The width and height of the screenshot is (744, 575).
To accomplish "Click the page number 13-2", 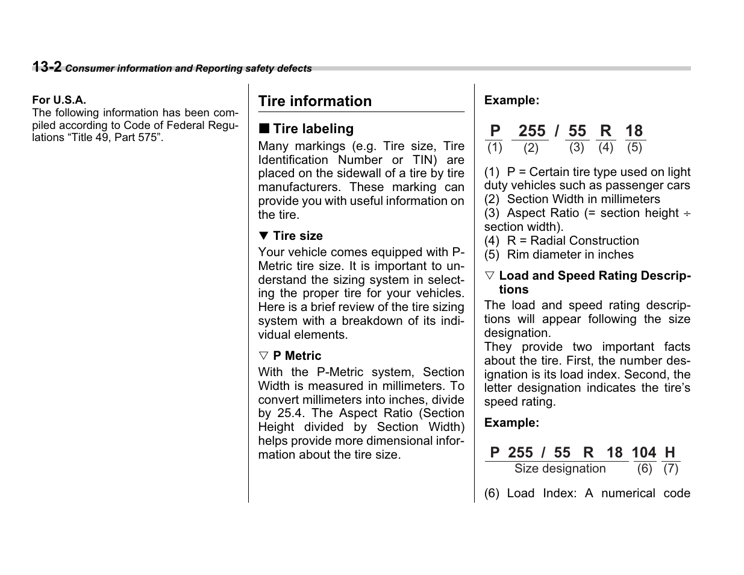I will [46, 67].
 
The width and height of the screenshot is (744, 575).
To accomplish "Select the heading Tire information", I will [314, 101].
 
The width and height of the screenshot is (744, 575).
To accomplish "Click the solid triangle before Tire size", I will [263, 236].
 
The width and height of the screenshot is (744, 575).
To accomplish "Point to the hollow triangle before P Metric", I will [263, 356].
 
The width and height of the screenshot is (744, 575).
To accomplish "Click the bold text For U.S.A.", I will [59, 100].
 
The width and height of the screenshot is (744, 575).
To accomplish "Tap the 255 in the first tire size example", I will [531, 131].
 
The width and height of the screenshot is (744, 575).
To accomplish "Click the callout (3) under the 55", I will [577, 147].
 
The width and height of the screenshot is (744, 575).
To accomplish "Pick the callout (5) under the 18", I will [634, 147].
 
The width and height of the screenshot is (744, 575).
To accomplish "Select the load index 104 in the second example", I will [643, 453].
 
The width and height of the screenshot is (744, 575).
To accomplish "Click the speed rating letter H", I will [670, 453].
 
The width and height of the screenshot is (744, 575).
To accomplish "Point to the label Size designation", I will [560, 469].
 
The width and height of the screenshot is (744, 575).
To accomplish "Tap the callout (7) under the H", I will [671, 469].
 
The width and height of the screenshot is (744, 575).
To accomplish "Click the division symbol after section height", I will [687, 213].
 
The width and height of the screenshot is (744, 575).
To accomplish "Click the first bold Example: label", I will [511, 101].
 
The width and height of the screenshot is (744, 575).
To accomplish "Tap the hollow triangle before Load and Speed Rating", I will [489, 275].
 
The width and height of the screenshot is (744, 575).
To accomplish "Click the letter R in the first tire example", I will [605, 131].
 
